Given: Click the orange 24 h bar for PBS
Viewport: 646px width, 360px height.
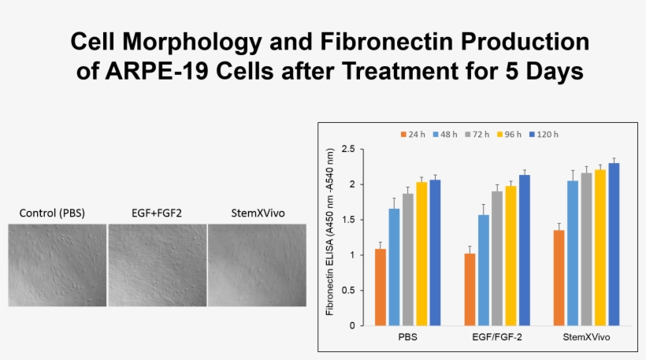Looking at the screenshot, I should [381, 288].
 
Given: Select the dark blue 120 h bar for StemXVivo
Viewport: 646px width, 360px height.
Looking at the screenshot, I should [614, 244].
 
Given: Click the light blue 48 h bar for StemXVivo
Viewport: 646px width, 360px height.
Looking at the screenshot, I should [573, 253].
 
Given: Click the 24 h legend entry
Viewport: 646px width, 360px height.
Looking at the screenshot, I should [414, 134].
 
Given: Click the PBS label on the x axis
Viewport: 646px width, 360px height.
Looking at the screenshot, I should [408, 337].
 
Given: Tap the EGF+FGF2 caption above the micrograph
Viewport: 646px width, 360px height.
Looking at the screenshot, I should [157, 213].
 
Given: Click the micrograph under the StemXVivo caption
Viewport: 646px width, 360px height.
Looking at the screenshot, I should [256, 265].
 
